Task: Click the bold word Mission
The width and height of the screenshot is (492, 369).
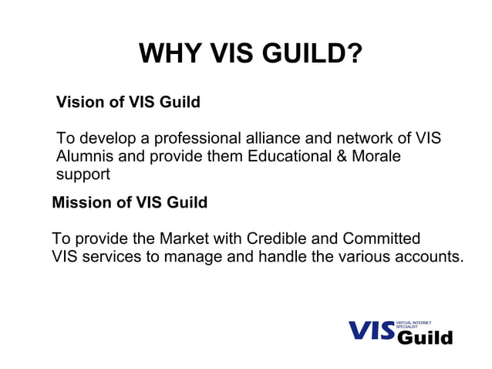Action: pos(79,203)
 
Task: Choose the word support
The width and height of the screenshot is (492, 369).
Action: pos(83,174)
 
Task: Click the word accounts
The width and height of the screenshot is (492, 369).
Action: pos(426,256)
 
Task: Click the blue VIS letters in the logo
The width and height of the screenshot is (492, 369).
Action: pos(370,330)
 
